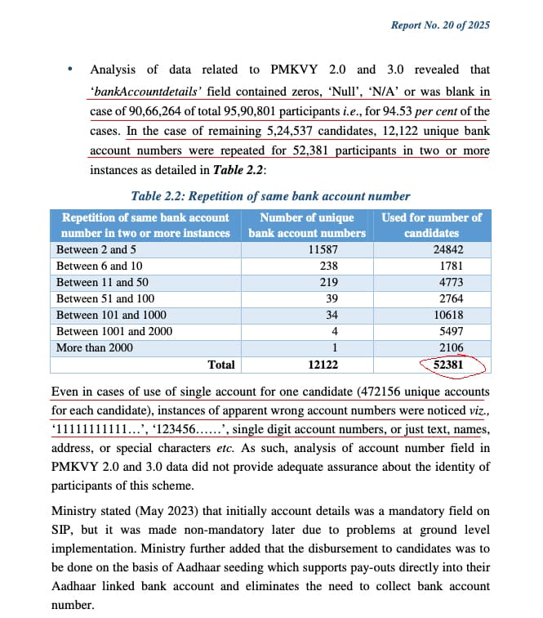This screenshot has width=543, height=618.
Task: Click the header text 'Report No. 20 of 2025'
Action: (x=441, y=25)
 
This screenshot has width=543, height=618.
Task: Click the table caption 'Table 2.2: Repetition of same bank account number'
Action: (x=270, y=196)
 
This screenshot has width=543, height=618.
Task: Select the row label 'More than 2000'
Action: (x=95, y=347)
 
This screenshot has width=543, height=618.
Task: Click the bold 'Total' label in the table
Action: (x=220, y=365)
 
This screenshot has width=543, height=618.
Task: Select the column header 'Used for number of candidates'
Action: (x=431, y=225)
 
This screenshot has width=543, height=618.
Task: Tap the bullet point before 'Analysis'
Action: (x=71, y=69)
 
